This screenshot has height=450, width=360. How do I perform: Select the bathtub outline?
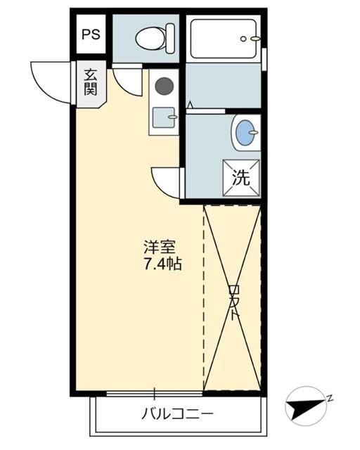click(224, 39)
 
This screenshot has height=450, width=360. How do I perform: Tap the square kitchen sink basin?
click(165, 117)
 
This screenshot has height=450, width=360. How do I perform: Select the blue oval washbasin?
click(245, 132)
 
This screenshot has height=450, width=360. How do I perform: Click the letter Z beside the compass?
click(328, 398)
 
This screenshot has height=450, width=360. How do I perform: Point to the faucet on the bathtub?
click(253, 38)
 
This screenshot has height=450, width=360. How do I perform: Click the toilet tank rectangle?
click(169, 38)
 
